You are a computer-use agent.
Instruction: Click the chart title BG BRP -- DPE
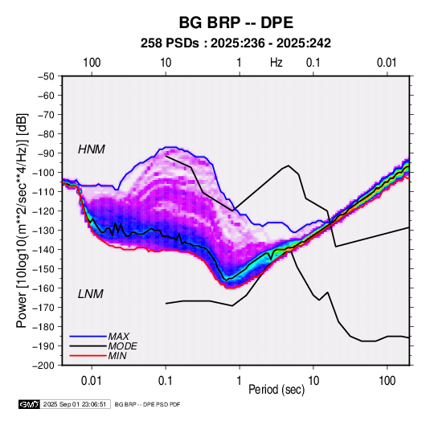coord(236,22)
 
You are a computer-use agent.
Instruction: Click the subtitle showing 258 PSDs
coord(235,43)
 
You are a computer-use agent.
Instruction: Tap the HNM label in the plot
coord(92,149)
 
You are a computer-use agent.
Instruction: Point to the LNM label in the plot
coord(91,294)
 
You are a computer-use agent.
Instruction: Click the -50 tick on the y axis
coord(46,76)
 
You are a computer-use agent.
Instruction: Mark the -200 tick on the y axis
coord(43,366)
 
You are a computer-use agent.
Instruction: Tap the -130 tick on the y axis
coord(43,231)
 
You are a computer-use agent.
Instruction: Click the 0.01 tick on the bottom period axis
coord(92,381)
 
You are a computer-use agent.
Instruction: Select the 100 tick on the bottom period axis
coord(387,381)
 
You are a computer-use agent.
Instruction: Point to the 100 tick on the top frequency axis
coord(92,63)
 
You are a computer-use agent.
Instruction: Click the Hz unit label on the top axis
coord(276,63)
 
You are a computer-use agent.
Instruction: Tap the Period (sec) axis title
coord(276,390)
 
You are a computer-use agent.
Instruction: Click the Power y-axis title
coord(22,221)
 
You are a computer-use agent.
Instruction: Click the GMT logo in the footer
coord(29,404)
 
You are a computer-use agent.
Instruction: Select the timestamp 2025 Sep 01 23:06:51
coord(75,404)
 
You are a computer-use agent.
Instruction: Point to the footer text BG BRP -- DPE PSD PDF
coord(147,404)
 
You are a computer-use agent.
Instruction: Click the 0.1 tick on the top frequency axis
coord(313,63)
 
